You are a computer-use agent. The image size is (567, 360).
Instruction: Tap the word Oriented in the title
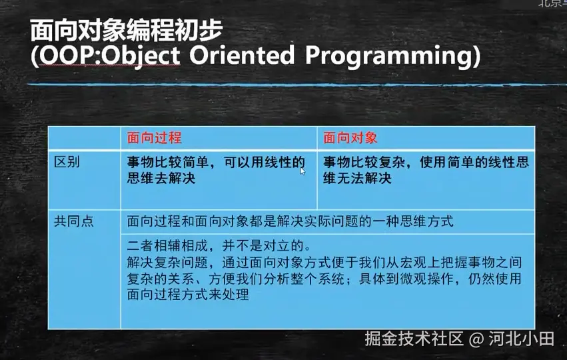click(242, 55)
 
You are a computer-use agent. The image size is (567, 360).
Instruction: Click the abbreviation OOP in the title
click(69, 56)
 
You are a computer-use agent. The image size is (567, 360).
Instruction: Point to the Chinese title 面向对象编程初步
click(126, 31)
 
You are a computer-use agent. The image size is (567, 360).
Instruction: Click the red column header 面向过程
click(154, 138)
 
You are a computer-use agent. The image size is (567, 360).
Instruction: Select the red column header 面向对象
click(350, 138)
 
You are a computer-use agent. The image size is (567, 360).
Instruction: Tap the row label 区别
click(67, 162)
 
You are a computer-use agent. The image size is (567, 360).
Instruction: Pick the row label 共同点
click(74, 221)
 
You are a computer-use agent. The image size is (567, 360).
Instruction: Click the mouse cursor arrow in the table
click(302, 171)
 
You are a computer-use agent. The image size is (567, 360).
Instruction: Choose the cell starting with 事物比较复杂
click(426, 170)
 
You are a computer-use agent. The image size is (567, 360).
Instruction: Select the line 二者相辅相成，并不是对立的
click(219, 246)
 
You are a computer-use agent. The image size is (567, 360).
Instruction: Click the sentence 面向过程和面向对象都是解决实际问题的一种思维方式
click(290, 221)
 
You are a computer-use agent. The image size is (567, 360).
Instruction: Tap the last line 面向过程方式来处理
click(188, 295)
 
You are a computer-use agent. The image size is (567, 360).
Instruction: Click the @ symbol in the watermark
click(476, 339)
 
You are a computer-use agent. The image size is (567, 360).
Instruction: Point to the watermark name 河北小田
click(522, 339)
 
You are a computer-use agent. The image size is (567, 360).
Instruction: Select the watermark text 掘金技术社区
click(414, 339)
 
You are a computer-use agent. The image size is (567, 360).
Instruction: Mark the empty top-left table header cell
click(84, 138)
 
